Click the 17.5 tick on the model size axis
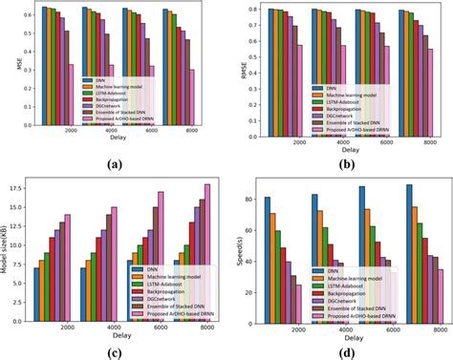pyautogui.click(x=20, y=189)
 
